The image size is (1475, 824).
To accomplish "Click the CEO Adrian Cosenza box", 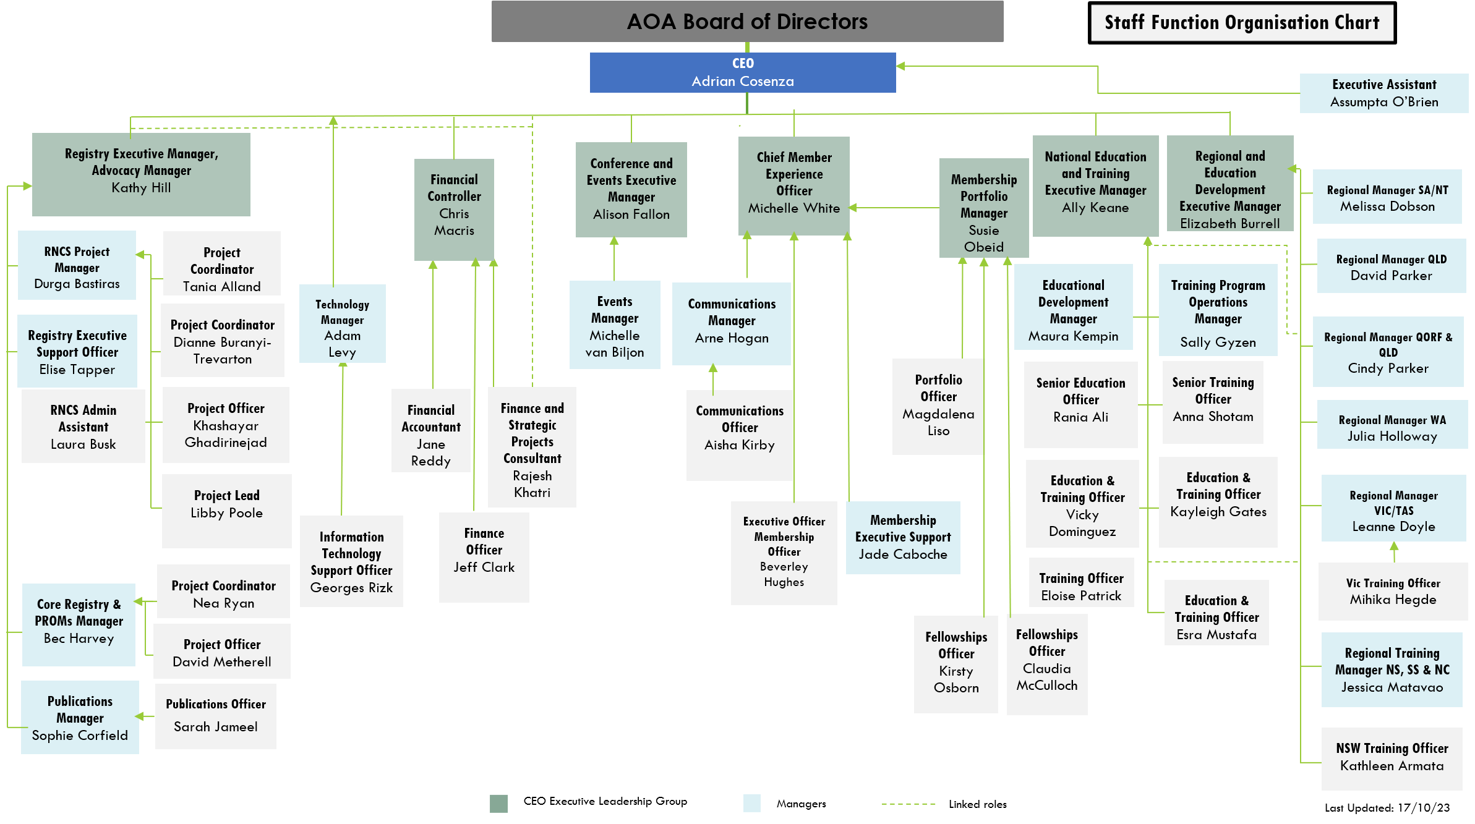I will [x=742, y=73].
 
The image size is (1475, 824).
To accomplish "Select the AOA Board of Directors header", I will [x=747, y=22].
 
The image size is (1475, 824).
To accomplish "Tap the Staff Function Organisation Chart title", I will [x=1242, y=23].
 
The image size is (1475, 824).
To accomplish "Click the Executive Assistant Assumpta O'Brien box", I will [x=1383, y=93].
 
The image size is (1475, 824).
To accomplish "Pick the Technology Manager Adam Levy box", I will [x=342, y=324].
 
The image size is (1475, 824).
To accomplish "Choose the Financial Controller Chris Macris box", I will [x=454, y=209].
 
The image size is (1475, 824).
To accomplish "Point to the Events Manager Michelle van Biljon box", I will [x=615, y=325].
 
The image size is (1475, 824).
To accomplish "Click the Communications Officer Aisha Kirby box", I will [x=739, y=435].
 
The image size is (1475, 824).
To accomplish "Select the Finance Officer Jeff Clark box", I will [x=484, y=556].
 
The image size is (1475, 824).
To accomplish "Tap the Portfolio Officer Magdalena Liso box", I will [x=938, y=406].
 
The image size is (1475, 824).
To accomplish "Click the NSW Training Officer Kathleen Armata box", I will [x=1392, y=758].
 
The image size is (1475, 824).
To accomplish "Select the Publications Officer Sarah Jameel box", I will [x=215, y=716].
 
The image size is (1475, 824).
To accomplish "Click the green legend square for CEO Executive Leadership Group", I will [x=498, y=803].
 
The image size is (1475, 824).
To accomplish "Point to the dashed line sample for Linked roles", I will [x=908, y=804].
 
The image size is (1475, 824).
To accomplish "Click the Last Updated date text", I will [x=1387, y=808].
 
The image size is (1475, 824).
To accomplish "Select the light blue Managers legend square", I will [x=751, y=803].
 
